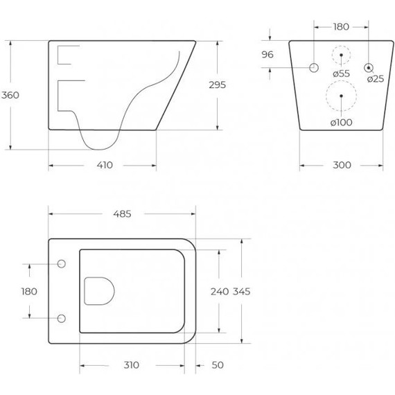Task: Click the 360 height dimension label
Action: pyautogui.click(x=10, y=95)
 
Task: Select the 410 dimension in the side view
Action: pyautogui.click(x=105, y=165)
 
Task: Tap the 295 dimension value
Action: pyautogui.click(x=218, y=85)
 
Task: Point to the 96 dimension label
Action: pyautogui.click(x=267, y=55)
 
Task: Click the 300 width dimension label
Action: pyautogui.click(x=342, y=165)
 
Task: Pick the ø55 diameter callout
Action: pyautogui.click(x=342, y=73)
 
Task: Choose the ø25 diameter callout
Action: pyautogui.click(x=376, y=79)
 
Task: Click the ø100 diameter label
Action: pyautogui.click(x=342, y=123)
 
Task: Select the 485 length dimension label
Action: pyautogui.click(x=122, y=214)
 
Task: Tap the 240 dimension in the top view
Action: pyautogui.click(x=220, y=292)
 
